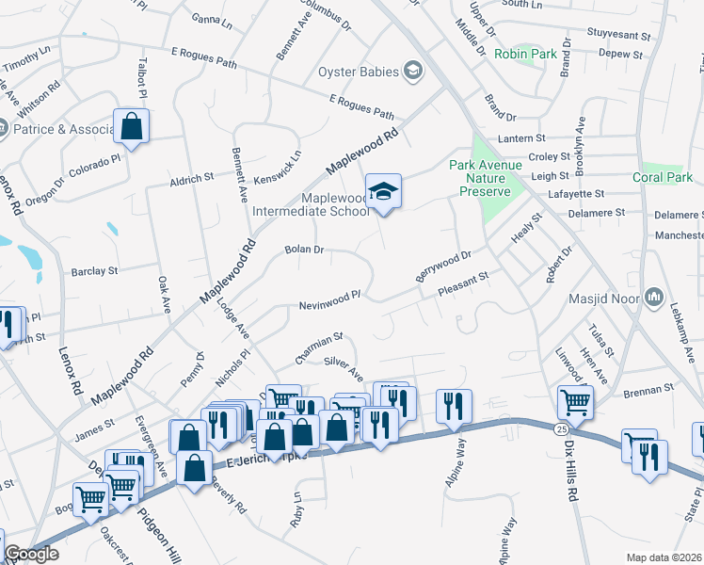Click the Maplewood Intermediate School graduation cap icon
(x=383, y=191)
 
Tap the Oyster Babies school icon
(x=412, y=70)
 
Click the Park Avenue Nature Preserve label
(x=479, y=178)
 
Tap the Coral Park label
(x=662, y=177)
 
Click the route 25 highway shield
(x=560, y=429)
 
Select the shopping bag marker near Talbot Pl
(x=132, y=126)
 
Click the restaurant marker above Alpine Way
(x=454, y=407)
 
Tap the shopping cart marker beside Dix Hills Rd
(x=575, y=401)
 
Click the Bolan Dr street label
(x=304, y=250)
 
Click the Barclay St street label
(x=94, y=270)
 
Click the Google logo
(x=31, y=555)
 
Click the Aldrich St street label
(x=192, y=179)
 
